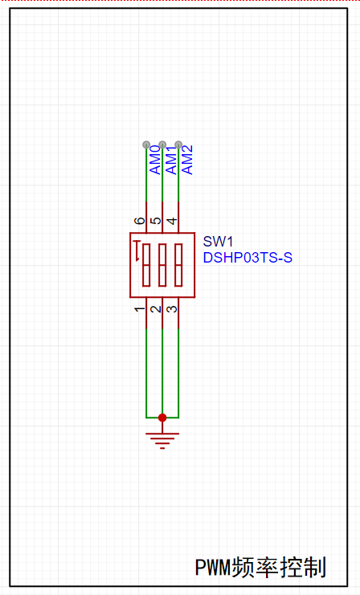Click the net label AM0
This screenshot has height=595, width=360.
(x=155, y=160)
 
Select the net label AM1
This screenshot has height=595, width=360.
(x=172, y=160)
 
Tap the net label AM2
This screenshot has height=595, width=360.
(x=187, y=160)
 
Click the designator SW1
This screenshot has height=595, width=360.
(x=218, y=242)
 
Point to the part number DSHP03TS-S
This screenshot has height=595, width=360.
(x=247, y=258)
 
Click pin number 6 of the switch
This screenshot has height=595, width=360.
(x=140, y=221)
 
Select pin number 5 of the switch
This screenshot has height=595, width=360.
(x=156, y=221)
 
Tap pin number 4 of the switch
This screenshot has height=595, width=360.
(x=172, y=221)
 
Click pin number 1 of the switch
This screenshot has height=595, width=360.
(x=140, y=309)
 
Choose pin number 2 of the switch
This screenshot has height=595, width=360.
(x=156, y=309)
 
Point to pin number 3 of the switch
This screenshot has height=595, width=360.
(x=172, y=309)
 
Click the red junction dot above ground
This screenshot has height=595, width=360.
(x=162, y=418)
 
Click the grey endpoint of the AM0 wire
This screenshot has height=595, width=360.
(x=146, y=145)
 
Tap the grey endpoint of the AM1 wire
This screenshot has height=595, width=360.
(x=162, y=145)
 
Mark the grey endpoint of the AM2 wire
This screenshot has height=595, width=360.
(x=178, y=145)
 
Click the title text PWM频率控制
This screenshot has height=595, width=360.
(x=260, y=568)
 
